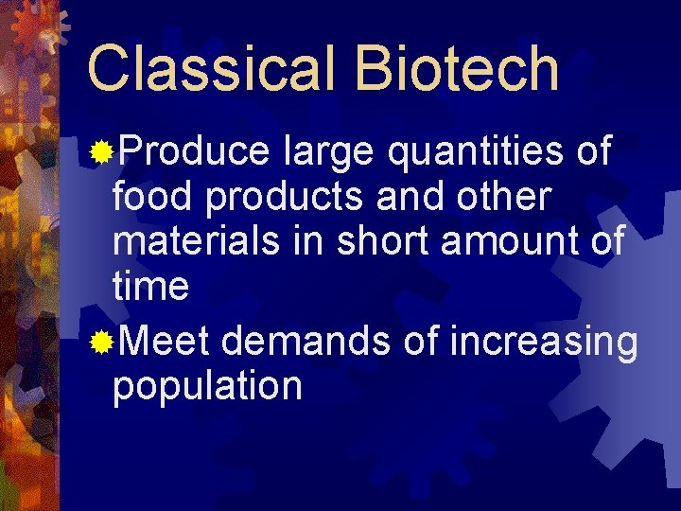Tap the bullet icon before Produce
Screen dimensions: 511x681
pyautogui.click(x=100, y=151)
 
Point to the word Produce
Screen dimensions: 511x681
pyautogui.click(x=194, y=151)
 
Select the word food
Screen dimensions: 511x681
pyautogui.click(x=152, y=197)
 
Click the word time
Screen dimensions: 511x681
pyautogui.click(x=150, y=286)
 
